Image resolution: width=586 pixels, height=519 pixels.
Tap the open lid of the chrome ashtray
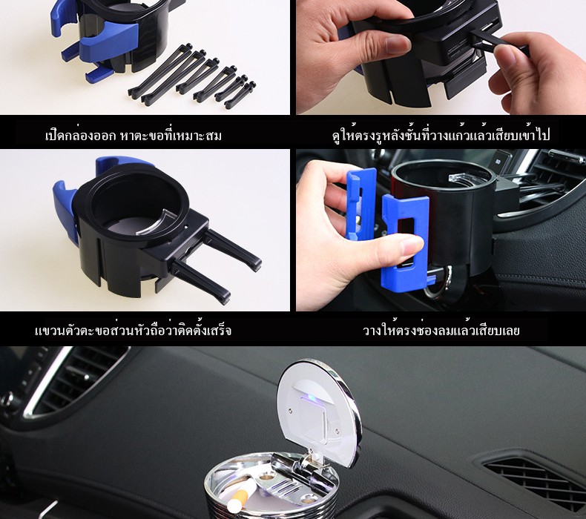(x=318, y=411)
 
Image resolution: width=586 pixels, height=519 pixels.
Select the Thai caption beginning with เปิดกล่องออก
(x=133, y=135)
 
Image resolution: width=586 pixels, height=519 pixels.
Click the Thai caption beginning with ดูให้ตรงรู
(x=441, y=134)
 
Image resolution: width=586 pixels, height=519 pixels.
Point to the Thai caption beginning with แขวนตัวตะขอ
(x=133, y=331)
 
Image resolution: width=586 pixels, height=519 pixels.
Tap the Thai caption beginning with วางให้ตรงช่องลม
(x=441, y=331)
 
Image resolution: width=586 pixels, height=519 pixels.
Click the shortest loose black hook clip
(x=240, y=95)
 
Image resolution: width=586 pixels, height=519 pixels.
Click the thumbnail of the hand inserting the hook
(x=441, y=57)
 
